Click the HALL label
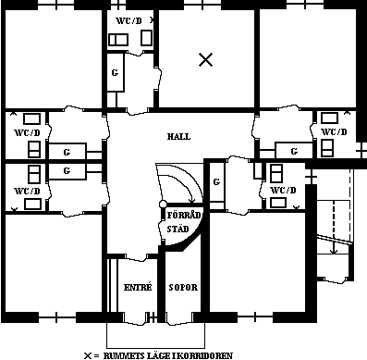178,136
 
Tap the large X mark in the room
206,59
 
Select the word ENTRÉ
138,287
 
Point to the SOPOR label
183,288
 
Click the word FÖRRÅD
184,215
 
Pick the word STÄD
177,229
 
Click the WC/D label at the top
128,21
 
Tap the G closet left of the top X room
115,73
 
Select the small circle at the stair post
163,205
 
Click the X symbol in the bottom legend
88,355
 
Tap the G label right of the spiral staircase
216,182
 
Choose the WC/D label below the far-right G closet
283,190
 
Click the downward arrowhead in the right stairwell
334,251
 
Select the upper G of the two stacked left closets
67,152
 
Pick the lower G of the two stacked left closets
67,170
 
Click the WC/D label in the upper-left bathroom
28,133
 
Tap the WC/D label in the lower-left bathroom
28,191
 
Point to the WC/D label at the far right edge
334,132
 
